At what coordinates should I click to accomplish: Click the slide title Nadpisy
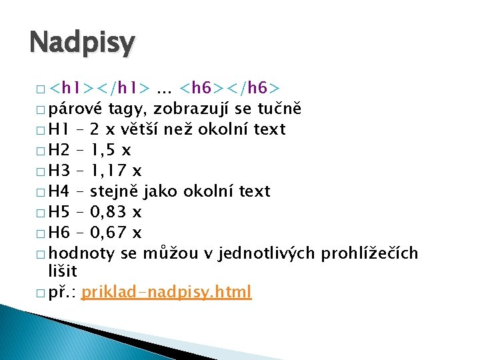pos(82,43)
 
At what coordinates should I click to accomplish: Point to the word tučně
pos(279,109)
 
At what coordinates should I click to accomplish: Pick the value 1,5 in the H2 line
pos(104,150)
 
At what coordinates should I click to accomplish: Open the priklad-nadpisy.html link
pos(167,292)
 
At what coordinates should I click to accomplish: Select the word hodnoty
pos(83,253)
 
